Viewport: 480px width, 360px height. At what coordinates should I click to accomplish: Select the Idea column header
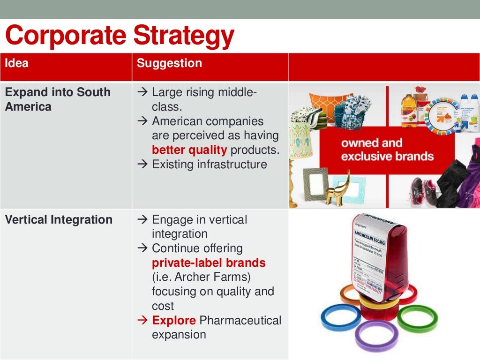tap(17, 63)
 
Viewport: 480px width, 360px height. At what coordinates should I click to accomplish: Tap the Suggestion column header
tap(169, 63)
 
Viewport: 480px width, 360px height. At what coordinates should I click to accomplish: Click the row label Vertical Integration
tap(59, 219)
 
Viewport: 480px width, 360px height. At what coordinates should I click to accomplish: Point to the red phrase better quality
tap(189, 150)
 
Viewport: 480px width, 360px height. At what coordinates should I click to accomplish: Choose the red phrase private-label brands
tap(209, 262)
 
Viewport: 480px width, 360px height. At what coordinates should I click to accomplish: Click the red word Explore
tap(174, 321)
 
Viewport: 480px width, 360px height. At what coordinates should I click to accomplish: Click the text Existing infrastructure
tap(209, 165)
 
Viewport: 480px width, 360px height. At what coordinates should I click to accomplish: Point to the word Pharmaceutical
tap(240, 321)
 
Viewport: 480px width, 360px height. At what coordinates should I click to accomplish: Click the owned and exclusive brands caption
tap(387, 150)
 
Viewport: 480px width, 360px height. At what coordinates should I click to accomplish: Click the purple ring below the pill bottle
tap(376, 335)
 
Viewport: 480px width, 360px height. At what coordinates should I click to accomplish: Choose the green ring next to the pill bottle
tap(417, 317)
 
